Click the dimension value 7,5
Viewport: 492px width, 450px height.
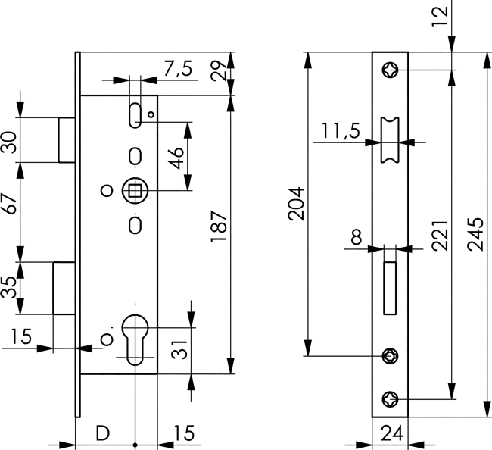tap(176, 70)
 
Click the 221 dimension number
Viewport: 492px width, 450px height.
tap(441, 240)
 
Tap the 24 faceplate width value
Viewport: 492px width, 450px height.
tap(391, 434)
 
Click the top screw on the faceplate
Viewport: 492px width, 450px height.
tap(391, 70)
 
